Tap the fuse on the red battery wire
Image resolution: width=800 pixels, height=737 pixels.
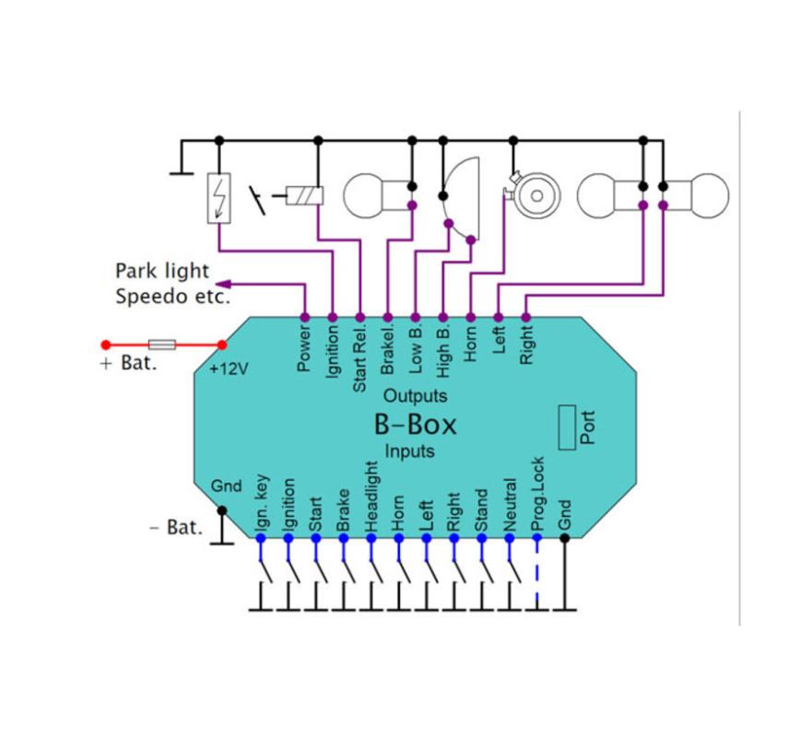(162, 345)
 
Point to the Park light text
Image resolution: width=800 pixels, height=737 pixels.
(162, 271)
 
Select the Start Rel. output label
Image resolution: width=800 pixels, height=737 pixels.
(360, 355)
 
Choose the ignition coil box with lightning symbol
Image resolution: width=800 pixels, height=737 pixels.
(219, 198)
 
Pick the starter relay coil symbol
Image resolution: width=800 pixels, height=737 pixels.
(303, 195)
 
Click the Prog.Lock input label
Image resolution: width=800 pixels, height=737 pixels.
(538, 494)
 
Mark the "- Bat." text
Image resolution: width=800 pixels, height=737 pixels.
(175, 529)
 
